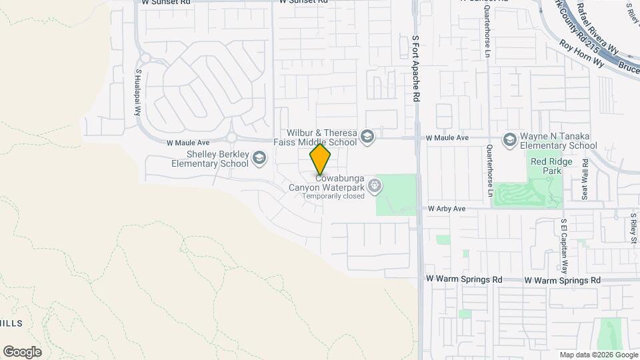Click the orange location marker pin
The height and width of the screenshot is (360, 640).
[x=321, y=159]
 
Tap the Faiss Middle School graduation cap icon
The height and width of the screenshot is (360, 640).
[x=366, y=137]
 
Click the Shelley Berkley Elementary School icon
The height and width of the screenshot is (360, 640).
[x=259, y=158]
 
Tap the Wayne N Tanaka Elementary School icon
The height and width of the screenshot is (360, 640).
[x=510, y=139]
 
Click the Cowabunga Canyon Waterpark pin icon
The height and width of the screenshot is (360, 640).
[x=375, y=185]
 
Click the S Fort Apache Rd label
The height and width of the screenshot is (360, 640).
[x=415, y=69]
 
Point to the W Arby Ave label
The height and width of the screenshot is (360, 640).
[x=446, y=209]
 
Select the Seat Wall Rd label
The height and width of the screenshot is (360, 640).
[x=584, y=179]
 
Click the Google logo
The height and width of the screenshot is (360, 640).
[x=22, y=351]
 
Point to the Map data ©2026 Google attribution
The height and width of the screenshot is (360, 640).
[x=598, y=355]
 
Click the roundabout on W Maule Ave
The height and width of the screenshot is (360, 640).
[x=232, y=139]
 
